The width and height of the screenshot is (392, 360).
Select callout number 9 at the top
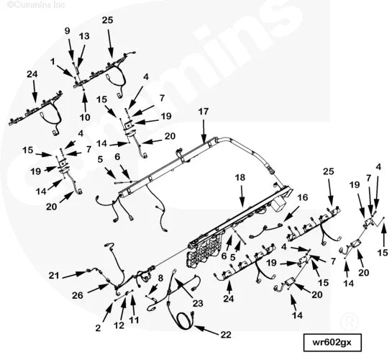[x=68, y=30]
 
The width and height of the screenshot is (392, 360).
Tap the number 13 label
[x=84, y=36]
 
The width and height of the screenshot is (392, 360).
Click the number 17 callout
[x=204, y=112]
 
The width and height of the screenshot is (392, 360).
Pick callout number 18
[x=240, y=176]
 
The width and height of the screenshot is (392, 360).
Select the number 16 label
[x=302, y=197]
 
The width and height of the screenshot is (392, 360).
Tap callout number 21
[x=54, y=276]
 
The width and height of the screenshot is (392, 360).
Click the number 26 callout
[x=77, y=294]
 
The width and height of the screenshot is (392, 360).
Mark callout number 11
[x=134, y=319]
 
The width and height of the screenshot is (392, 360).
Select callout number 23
[x=197, y=303]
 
